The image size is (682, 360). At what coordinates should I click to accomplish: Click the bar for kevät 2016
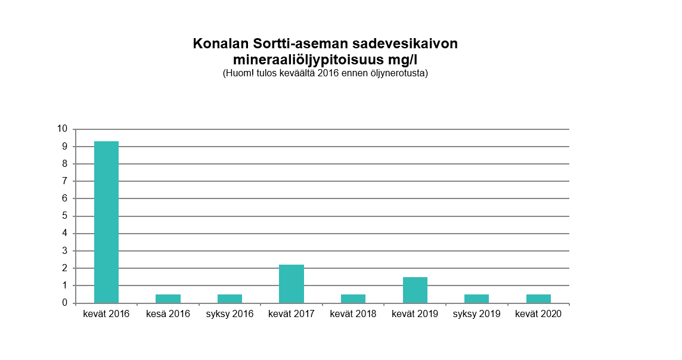[106, 222]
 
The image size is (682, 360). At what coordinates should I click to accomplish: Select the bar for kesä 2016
[168, 299]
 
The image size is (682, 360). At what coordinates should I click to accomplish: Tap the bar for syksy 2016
[230, 299]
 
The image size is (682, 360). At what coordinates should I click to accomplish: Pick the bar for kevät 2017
[292, 284]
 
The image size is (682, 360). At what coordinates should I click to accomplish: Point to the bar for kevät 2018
[353, 299]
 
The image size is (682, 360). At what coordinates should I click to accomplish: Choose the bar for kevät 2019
[415, 290]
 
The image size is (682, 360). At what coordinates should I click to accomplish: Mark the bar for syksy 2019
[476, 299]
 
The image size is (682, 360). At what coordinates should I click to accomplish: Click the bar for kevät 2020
[538, 299]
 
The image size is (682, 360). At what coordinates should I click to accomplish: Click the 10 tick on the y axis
[62, 129]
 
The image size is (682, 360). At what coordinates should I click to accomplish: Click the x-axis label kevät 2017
[292, 314]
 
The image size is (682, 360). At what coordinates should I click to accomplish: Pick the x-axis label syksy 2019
[476, 314]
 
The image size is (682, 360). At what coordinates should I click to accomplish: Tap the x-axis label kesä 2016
[168, 314]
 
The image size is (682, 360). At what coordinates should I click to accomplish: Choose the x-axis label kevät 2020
[538, 314]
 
